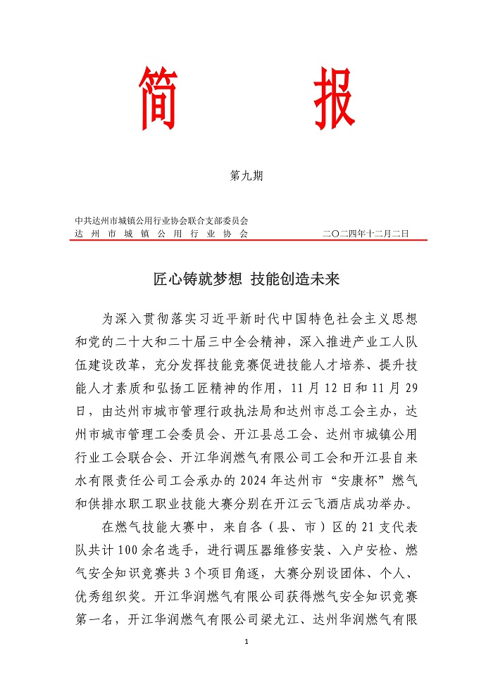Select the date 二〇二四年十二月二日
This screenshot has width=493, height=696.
[x=365, y=233]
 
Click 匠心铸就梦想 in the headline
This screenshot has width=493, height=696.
[x=192, y=279]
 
